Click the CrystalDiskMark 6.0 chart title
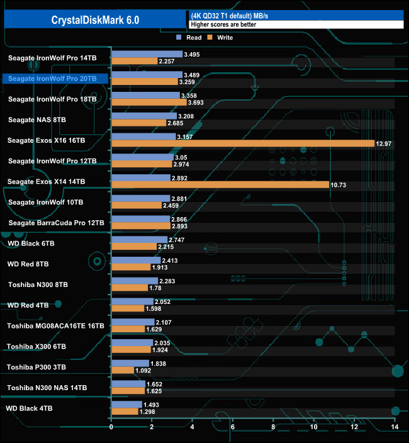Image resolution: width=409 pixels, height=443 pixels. tap(96, 20)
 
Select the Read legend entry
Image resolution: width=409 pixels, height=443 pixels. tap(189, 38)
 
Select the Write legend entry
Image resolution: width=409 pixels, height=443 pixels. tap(221, 38)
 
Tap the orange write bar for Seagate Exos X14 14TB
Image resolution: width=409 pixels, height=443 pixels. tap(220, 184)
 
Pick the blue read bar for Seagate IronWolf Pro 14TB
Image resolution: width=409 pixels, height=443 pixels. tap(147, 55)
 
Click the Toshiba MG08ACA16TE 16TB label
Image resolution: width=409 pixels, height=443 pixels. tap(55, 326)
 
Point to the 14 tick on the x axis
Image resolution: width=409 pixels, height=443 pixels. tap(395, 427)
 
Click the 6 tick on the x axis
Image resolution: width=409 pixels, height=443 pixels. tap(233, 427)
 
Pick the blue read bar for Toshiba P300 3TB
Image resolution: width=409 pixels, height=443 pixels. tap(130, 364)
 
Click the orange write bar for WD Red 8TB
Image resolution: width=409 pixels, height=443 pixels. tap(130, 267)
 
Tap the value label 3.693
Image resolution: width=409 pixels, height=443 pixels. tap(198, 102)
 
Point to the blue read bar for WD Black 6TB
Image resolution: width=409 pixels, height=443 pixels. tap(139, 240)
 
